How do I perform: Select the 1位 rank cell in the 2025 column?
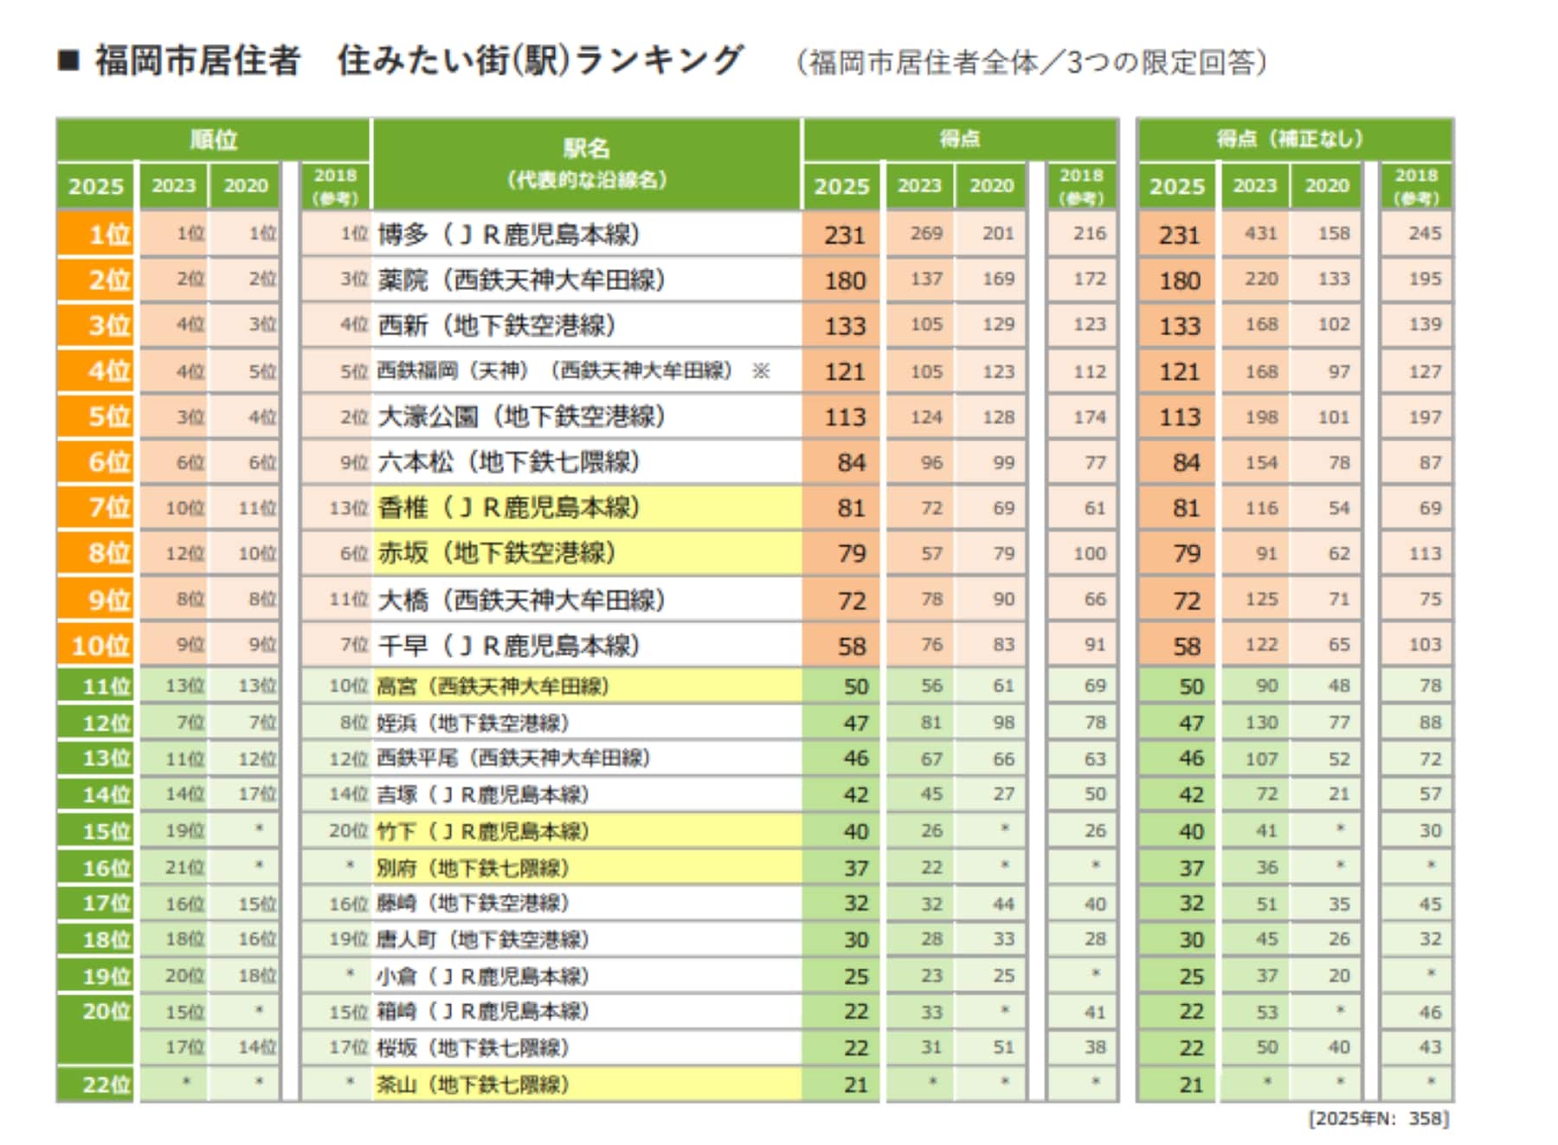(x=97, y=235)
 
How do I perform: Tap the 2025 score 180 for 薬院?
(x=844, y=280)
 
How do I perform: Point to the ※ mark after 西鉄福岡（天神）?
(x=761, y=371)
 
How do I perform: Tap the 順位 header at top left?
(x=213, y=139)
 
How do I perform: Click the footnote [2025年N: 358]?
(x=1378, y=1118)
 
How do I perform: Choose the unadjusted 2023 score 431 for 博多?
(x=1260, y=234)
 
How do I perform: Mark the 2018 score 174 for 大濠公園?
(x=1089, y=417)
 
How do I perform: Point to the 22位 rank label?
(x=106, y=1084)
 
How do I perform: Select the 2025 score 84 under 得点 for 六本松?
(x=850, y=463)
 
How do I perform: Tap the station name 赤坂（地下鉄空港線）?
(x=495, y=553)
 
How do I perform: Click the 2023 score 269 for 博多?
(x=925, y=234)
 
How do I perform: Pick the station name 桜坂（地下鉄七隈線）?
(x=472, y=1048)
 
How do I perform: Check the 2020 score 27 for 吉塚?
(x=1003, y=794)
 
